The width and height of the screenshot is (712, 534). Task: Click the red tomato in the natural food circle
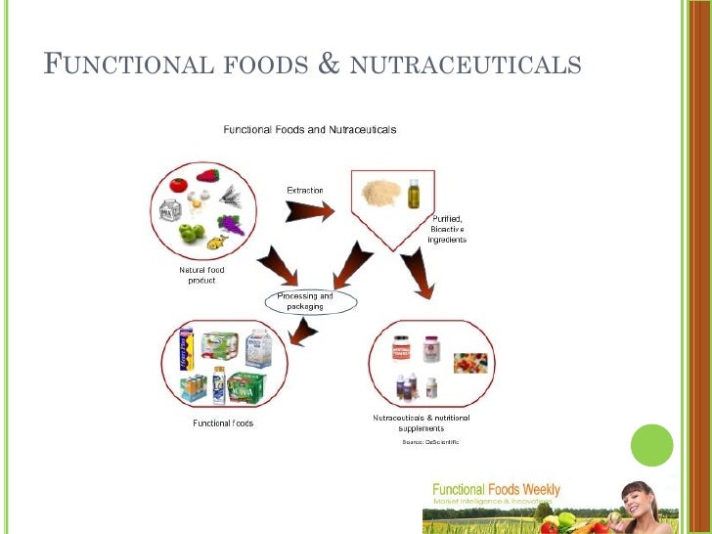tap(178, 185)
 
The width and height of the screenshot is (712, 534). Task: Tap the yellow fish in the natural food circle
tap(217, 240)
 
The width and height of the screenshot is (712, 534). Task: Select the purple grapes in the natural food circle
tap(232, 224)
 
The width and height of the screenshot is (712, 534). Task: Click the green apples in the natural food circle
tap(191, 234)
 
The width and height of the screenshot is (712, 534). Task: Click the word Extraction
tap(304, 190)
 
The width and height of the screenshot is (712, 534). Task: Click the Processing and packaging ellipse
tap(304, 301)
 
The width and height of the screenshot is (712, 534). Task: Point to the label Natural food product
tap(203, 275)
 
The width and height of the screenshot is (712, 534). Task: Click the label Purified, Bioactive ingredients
tap(447, 229)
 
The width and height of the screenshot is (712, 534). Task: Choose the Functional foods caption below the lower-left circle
tap(222, 423)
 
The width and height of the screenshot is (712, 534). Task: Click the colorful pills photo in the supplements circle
tap(471, 363)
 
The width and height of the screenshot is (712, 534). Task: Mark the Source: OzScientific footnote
tap(430, 443)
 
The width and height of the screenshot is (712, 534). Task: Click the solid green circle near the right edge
tap(653, 446)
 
